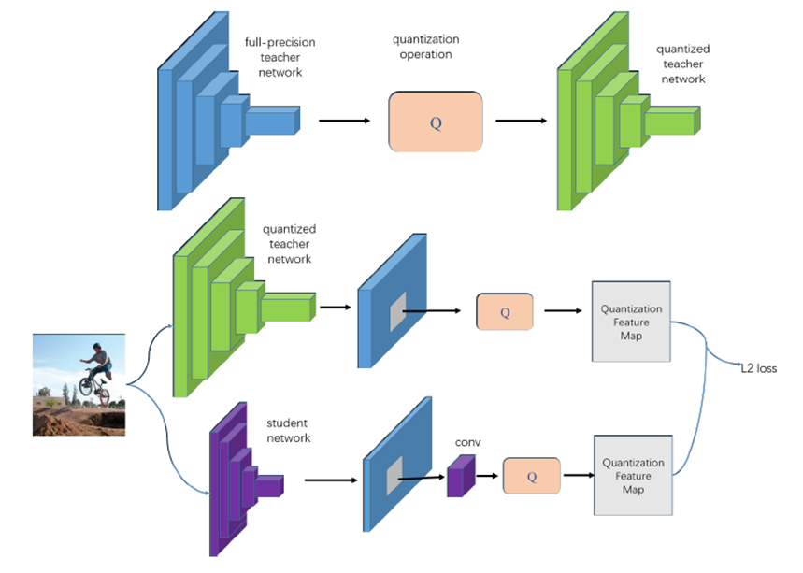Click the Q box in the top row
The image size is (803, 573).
point(435,122)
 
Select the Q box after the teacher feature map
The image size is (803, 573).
point(505,311)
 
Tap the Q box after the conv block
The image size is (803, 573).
point(532,476)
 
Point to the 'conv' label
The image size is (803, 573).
point(467,441)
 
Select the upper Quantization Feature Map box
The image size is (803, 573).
point(631,321)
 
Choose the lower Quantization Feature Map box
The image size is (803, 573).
point(633,475)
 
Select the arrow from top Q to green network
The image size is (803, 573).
point(521,121)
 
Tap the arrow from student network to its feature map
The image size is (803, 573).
point(327,480)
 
